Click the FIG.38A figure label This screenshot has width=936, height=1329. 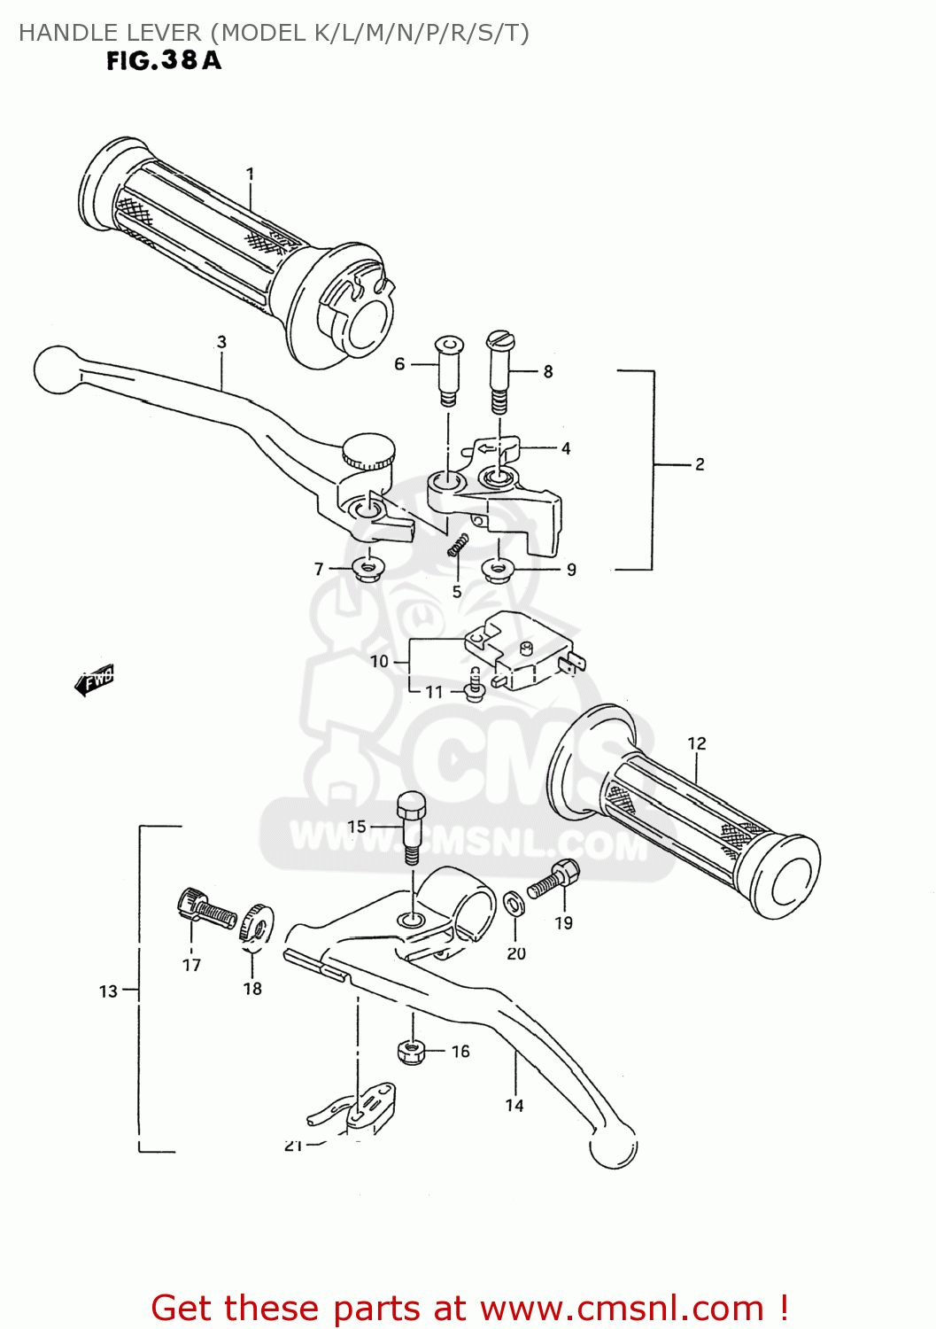[x=164, y=60]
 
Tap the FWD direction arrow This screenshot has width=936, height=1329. [x=95, y=680]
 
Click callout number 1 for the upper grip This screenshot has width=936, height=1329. [x=251, y=174]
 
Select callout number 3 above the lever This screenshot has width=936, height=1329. [x=221, y=342]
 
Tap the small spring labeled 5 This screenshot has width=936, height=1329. [x=457, y=547]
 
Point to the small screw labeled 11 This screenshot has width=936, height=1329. [x=475, y=686]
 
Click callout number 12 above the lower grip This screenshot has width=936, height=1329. [x=697, y=743]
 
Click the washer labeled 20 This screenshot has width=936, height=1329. [x=513, y=904]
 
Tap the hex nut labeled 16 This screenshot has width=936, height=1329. [x=409, y=1052]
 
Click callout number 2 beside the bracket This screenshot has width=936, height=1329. [x=700, y=464]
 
